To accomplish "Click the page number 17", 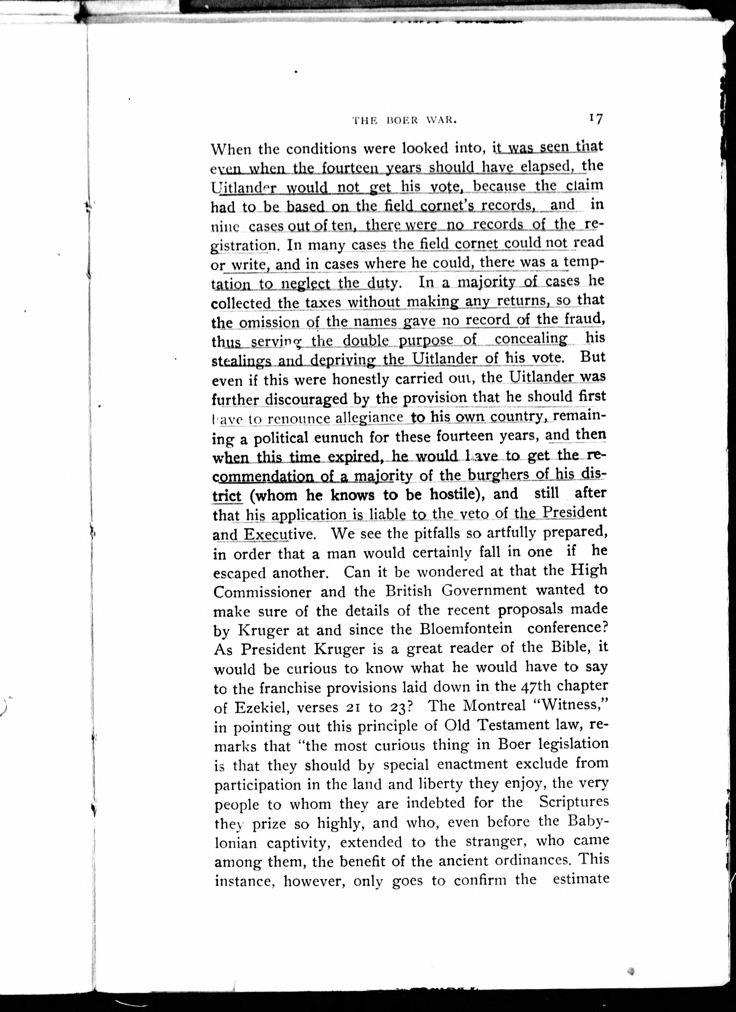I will pos(596,119).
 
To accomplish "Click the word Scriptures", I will pos(574,802).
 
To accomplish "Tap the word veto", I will pos(467,514).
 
